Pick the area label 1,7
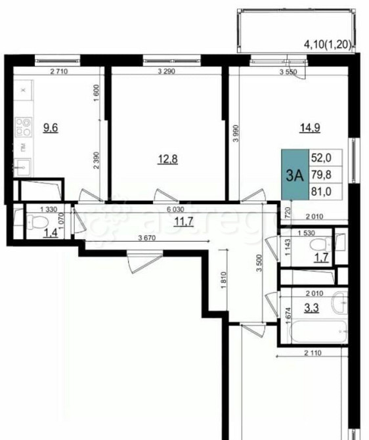[321, 257]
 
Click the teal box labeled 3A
[295, 175]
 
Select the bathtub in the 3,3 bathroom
[315, 332]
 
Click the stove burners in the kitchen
[24, 125]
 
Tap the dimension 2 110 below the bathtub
[313, 355]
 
